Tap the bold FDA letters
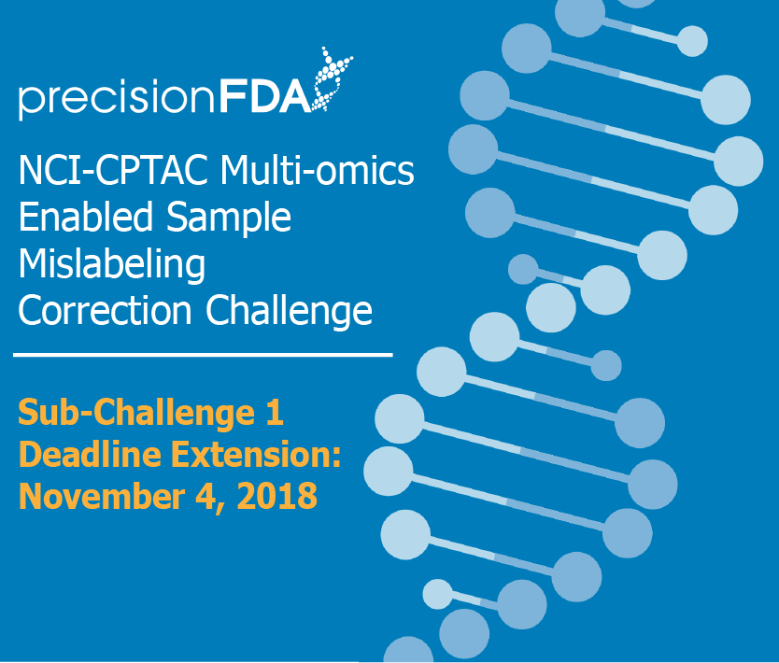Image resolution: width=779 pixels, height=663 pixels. (265, 96)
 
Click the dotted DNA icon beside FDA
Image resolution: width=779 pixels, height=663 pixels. (332, 79)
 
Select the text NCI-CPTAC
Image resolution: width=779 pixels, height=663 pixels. (113, 170)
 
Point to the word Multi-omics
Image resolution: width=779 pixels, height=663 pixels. (317, 169)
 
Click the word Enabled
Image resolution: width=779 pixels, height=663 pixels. (85, 216)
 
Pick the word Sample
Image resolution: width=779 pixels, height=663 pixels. (229, 218)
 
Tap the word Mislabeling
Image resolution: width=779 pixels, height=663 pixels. (112, 264)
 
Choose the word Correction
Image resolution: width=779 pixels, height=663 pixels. (105, 310)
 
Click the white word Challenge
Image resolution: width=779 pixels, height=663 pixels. (289, 311)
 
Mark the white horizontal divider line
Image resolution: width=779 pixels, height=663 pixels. (203, 355)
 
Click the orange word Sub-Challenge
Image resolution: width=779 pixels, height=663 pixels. (136, 412)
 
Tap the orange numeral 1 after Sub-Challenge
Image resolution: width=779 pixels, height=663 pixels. (275, 413)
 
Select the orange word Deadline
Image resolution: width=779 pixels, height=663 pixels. (90, 454)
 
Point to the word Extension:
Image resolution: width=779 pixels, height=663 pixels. (256, 454)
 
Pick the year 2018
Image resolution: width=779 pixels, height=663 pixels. (277, 496)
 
